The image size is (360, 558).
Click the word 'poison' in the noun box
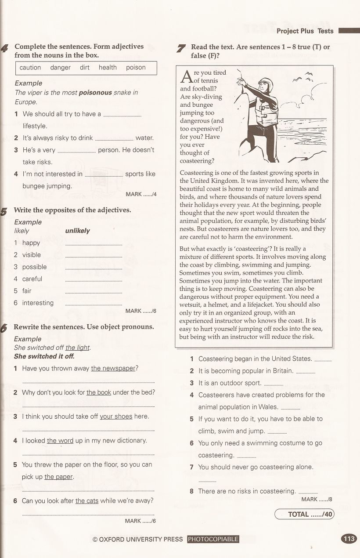[x=136, y=68]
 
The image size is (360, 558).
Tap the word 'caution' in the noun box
[x=30, y=68]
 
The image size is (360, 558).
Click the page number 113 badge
[x=349, y=539]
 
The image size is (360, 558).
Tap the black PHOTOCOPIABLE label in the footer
[x=213, y=539]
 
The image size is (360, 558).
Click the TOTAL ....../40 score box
[x=304, y=514]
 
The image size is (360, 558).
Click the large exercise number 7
[x=181, y=48]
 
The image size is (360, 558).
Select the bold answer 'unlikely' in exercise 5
[x=77, y=231]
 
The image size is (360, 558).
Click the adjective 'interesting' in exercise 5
[x=38, y=303]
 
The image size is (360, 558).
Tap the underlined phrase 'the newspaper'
[x=113, y=369]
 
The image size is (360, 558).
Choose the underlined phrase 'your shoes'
[x=116, y=417]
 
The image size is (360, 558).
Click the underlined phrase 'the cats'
[x=87, y=500]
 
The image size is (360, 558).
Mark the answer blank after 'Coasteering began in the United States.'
[x=323, y=360]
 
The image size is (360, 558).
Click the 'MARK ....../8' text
[x=317, y=499]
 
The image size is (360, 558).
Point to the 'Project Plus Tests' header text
[x=305, y=31]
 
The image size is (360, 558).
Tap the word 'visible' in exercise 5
[x=32, y=255]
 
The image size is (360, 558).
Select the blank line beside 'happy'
[x=94, y=244]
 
